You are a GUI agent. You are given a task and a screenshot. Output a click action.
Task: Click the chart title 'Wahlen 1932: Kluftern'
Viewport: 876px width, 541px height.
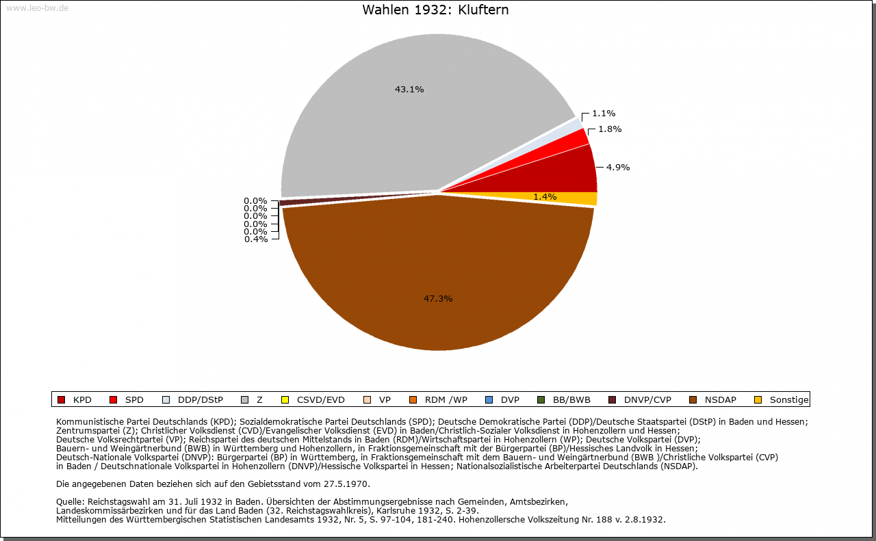(x=435, y=10)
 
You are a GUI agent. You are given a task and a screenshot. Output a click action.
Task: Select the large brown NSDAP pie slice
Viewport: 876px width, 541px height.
(x=438, y=274)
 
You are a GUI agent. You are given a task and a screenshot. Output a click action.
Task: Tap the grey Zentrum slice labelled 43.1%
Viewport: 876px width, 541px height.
(x=411, y=117)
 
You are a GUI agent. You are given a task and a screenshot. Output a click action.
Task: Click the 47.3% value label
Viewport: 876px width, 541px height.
(x=438, y=299)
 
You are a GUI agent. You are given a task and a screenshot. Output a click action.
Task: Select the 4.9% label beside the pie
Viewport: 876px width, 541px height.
(x=618, y=168)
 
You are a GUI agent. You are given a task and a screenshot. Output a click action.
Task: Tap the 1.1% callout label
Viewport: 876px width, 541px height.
(x=604, y=114)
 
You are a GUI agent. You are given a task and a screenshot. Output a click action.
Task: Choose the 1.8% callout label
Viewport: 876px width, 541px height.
(x=610, y=129)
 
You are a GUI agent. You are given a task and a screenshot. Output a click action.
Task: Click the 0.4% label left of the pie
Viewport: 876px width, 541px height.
(x=256, y=239)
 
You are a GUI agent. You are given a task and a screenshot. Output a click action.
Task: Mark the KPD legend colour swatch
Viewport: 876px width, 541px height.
(x=61, y=400)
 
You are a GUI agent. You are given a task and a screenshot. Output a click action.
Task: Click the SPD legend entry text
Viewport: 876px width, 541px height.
(x=134, y=400)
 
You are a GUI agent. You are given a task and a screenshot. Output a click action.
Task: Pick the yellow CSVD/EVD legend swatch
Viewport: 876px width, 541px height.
(x=285, y=400)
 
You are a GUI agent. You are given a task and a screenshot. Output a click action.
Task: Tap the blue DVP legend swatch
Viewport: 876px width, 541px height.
(x=489, y=400)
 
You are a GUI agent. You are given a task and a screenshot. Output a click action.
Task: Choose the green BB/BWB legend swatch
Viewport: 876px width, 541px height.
(x=541, y=400)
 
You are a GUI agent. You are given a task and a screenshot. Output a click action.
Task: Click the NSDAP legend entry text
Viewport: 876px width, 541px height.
(x=721, y=400)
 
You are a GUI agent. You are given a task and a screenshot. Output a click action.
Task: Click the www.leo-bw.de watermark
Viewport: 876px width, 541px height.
(x=37, y=8)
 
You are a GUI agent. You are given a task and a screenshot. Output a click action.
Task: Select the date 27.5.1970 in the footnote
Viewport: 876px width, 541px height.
(x=346, y=484)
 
